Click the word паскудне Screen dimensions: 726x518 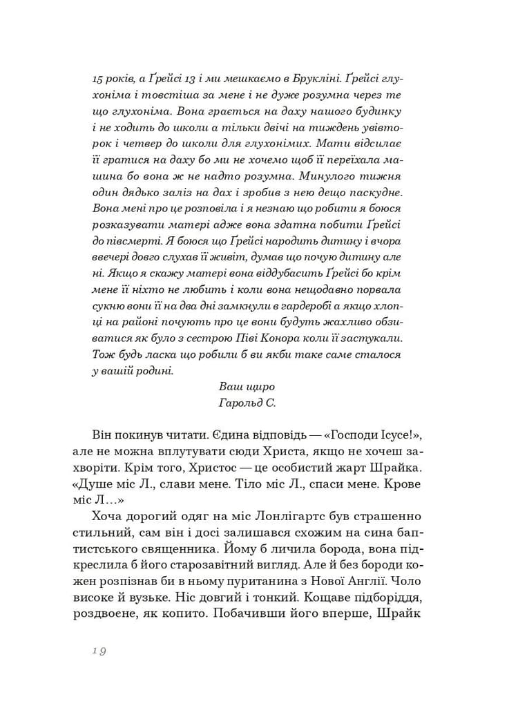[385, 191]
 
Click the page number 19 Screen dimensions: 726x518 [98, 651]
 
